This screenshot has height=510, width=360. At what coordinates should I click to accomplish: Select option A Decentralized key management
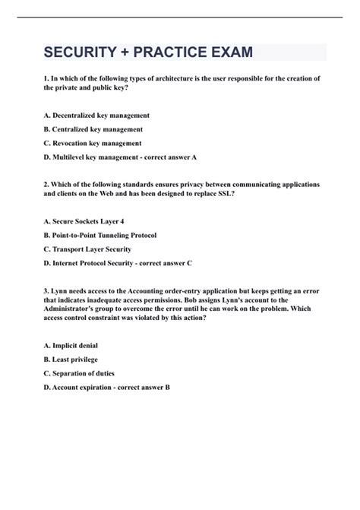coord(96,115)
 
